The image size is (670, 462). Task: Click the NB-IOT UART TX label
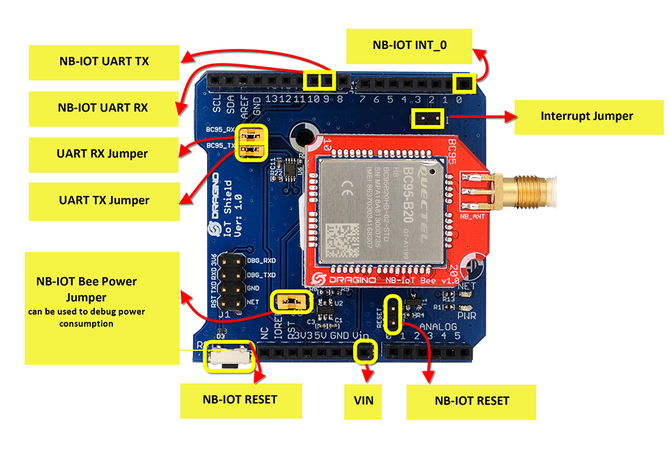click(x=103, y=61)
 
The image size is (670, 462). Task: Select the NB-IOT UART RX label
click(x=103, y=108)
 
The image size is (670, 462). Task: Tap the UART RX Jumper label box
click(x=103, y=154)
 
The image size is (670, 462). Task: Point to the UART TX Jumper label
click(x=103, y=200)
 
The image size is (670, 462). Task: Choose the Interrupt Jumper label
click(x=587, y=116)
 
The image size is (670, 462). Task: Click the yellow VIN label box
click(x=364, y=401)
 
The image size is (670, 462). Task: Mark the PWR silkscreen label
click(x=466, y=316)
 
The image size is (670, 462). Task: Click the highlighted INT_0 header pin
click(x=463, y=84)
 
